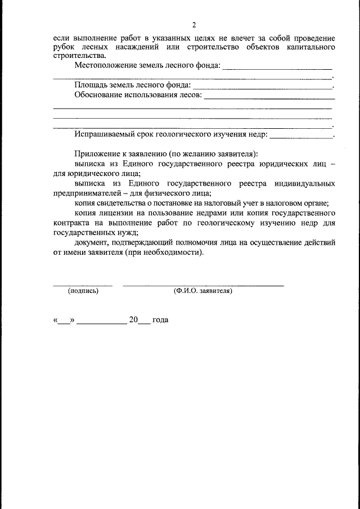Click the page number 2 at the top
pos(193,25)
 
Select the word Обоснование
pos(98,95)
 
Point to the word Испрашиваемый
pos(105,135)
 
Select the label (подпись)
pos(83,291)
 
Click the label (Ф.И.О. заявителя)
pos(203,291)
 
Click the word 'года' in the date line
pos(160,319)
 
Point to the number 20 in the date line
pos(133,319)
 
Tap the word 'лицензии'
pos(115,214)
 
